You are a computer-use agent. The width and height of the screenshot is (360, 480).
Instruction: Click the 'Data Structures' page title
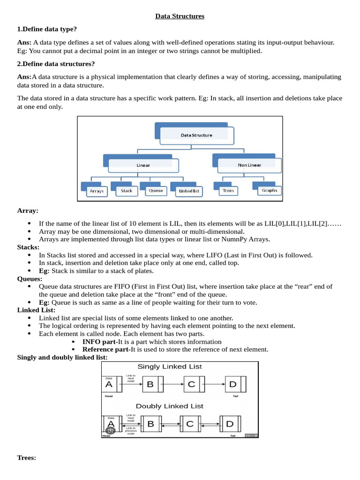(180, 16)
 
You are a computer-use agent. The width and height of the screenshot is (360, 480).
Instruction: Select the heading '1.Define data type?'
(47, 29)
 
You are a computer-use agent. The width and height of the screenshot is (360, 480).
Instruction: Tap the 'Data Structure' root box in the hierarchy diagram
(197, 135)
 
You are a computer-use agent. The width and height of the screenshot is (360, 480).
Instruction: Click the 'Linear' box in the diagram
(143, 165)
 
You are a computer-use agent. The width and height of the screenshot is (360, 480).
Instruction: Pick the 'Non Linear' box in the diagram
(249, 165)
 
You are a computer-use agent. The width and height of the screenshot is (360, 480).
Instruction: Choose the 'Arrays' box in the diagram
(97, 191)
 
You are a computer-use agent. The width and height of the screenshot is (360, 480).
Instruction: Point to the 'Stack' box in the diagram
(127, 191)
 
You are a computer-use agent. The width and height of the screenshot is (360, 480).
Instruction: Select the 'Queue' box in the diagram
(156, 191)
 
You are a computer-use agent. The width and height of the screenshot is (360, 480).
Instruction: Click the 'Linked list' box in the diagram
(189, 191)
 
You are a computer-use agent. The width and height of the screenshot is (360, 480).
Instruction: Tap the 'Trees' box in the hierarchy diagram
(228, 191)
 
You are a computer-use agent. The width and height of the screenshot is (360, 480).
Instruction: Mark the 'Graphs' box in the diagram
(270, 190)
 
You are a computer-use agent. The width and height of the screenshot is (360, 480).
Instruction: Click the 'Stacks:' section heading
(28, 247)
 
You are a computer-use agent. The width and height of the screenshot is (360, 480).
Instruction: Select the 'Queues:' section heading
(30, 279)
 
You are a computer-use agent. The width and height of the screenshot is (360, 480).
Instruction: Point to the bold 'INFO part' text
(99, 342)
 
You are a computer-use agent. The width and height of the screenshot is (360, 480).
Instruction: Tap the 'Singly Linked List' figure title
(170, 367)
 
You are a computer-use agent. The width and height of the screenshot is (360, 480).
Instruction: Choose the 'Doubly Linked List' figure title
(170, 406)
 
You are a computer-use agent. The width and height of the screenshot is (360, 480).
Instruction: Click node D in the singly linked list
(235, 384)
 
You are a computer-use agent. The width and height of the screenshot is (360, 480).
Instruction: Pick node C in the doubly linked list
(190, 424)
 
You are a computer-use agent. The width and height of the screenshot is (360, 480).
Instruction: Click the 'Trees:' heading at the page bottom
(27, 458)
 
